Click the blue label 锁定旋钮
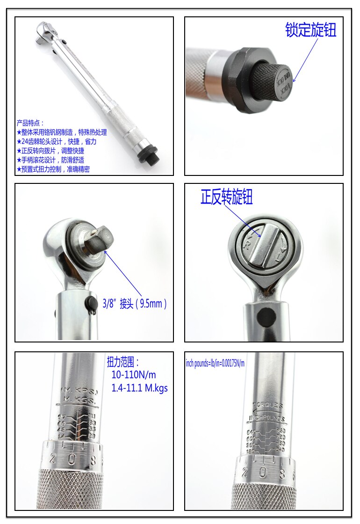(311, 30)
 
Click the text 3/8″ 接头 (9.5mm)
(135, 304)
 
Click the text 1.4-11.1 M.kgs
(139, 388)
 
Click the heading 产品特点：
(30, 124)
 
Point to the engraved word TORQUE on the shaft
(267, 405)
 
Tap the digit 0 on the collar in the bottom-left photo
(72, 460)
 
